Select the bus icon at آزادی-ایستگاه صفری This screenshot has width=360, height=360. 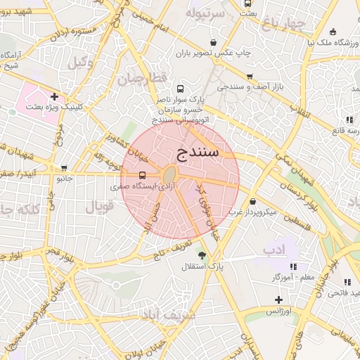[x=143, y=175]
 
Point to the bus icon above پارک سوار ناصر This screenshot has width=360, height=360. [x=181, y=89]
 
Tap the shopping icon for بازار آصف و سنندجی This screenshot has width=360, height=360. [x=249, y=77]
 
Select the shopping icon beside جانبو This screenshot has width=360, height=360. [x=64, y=168]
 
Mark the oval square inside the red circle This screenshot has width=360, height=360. [x=171, y=174]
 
